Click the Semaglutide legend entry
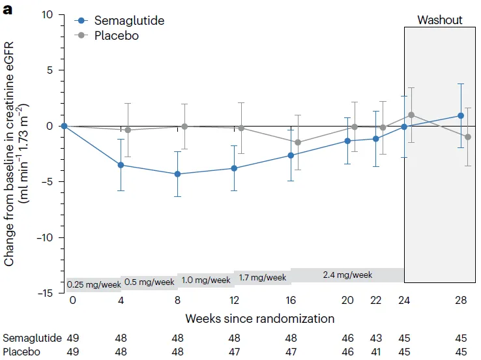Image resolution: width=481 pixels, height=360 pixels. click(128, 20)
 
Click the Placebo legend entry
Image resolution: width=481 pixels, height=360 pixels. click(117, 35)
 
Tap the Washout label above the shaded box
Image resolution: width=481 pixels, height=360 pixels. click(440, 20)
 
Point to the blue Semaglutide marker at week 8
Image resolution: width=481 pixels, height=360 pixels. click(177, 174)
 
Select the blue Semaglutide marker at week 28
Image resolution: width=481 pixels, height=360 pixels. click(461, 115)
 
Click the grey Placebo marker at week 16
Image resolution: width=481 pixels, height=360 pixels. click(299, 142)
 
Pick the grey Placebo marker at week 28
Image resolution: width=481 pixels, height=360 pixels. click(468, 137)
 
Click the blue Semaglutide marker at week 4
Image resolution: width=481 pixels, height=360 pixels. click(121, 165)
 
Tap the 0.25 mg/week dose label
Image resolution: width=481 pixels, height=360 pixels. click(93, 284)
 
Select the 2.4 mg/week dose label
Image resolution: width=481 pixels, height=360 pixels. click(347, 275)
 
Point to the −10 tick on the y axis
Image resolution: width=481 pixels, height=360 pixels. click(48, 237)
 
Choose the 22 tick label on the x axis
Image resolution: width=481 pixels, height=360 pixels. click(376, 300)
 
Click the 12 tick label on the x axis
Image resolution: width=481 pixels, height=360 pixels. click(234, 300)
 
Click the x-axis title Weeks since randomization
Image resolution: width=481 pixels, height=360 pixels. click(259, 319)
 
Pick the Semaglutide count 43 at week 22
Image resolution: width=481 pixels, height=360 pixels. click(376, 338)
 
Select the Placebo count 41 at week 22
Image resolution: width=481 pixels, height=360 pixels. click(376, 352)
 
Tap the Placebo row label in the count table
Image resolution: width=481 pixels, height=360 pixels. click(22, 352)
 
